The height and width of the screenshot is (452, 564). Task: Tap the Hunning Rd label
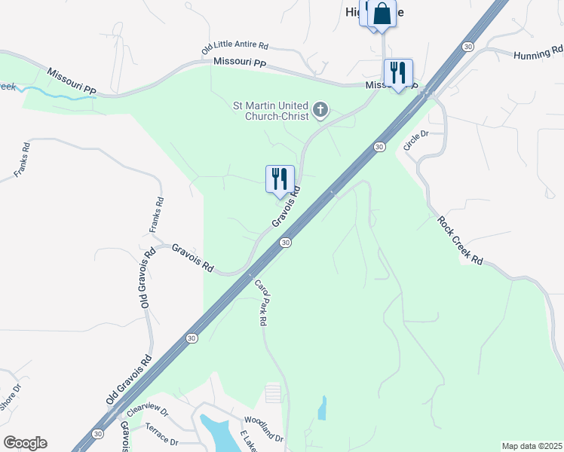538,53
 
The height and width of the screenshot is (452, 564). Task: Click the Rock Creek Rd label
460,240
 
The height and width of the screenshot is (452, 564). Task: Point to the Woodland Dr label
263,429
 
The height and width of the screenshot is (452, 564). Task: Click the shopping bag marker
382,14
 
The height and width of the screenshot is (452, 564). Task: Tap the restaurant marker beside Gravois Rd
280,179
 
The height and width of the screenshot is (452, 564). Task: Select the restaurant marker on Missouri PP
398,73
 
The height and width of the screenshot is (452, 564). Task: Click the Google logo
25,443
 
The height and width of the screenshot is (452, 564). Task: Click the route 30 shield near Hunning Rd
468,47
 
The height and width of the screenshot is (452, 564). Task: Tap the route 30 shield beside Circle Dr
380,146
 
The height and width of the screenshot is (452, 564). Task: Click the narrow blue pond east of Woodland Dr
323,408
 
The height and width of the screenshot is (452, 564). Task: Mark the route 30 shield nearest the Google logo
97,434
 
